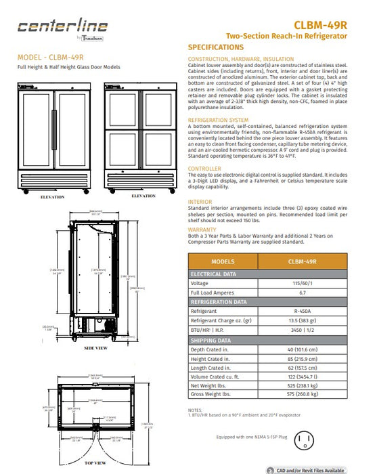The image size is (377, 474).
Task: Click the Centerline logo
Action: pyautogui.click(x=62, y=28)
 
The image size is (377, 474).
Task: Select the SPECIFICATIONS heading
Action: pyautogui.click(x=215, y=47)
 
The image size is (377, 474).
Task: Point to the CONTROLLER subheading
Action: pyautogui.click(x=204, y=168)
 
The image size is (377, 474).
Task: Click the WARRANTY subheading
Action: pyautogui.click(x=202, y=230)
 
